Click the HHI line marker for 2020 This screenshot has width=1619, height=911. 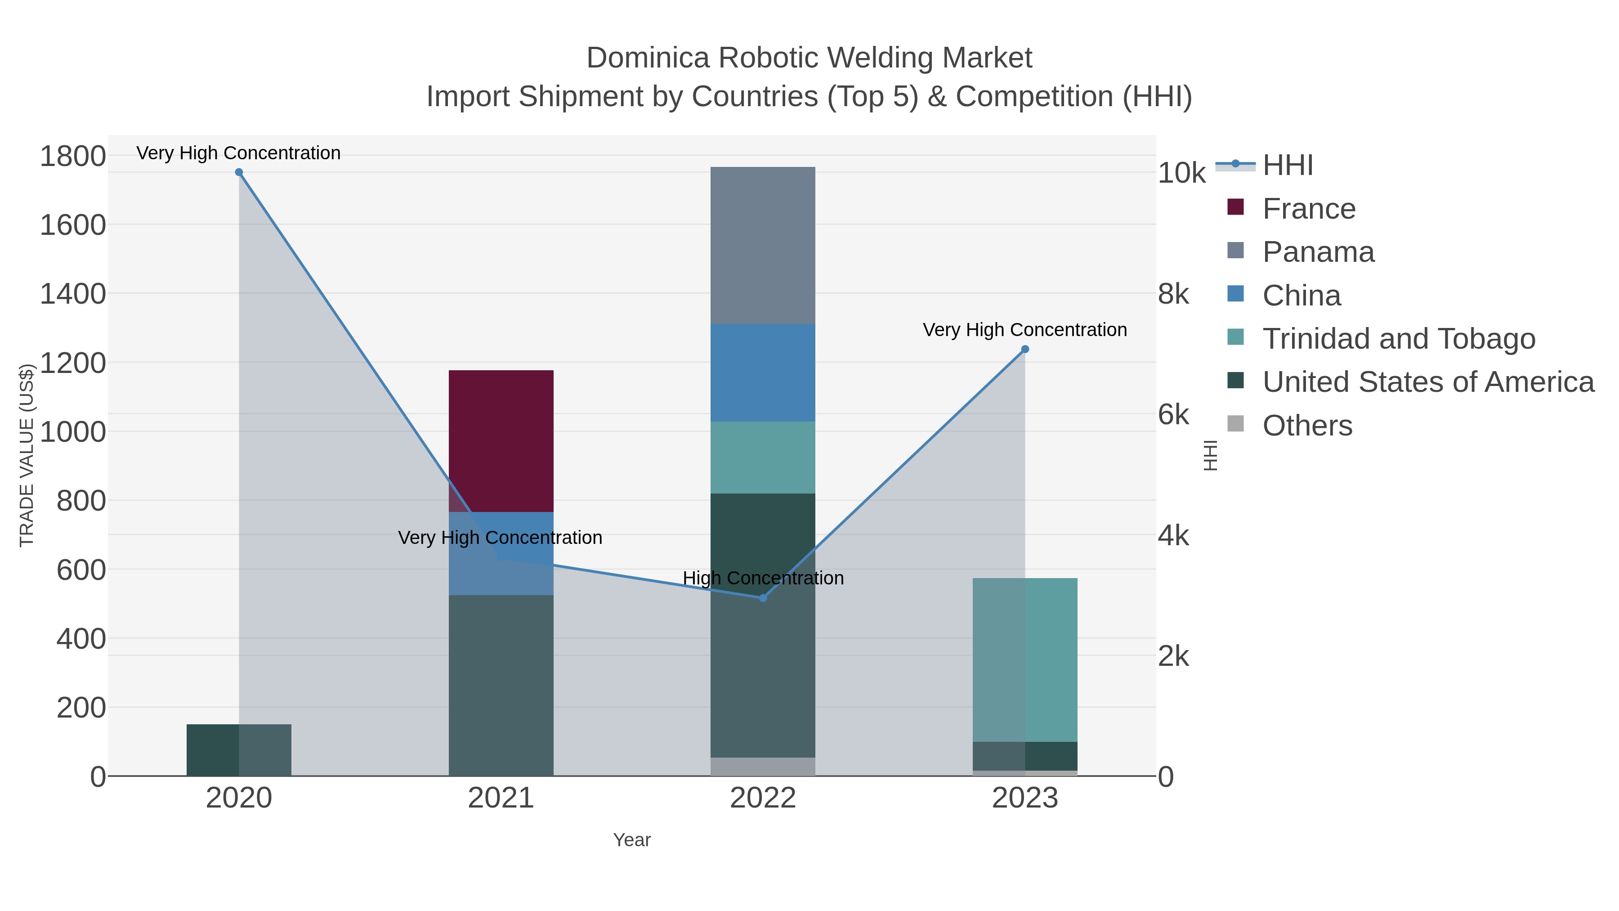(x=239, y=172)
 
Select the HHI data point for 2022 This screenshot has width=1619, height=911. (x=763, y=598)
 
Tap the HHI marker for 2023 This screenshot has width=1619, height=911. (x=1025, y=349)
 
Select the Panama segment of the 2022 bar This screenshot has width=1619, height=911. (x=763, y=245)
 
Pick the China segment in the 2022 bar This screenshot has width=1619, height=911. (x=763, y=373)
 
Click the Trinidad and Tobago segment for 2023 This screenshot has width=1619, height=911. (x=1025, y=660)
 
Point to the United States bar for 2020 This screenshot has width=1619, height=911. (x=239, y=750)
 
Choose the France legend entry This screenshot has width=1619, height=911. (x=1309, y=209)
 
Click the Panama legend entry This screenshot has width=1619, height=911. (x=1318, y=252)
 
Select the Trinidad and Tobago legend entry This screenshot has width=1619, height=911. (x=1398, y=339)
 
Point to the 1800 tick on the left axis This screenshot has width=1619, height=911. (x=73, y=156)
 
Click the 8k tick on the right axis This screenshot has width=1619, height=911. (x=1173, y=294)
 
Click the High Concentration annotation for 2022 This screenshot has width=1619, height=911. (x=763, y=578)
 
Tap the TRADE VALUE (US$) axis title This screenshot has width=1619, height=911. (x=27, y=455)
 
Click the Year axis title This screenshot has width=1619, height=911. (x=632, y=840)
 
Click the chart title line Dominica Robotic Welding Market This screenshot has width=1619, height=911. (x=809, y=58)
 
